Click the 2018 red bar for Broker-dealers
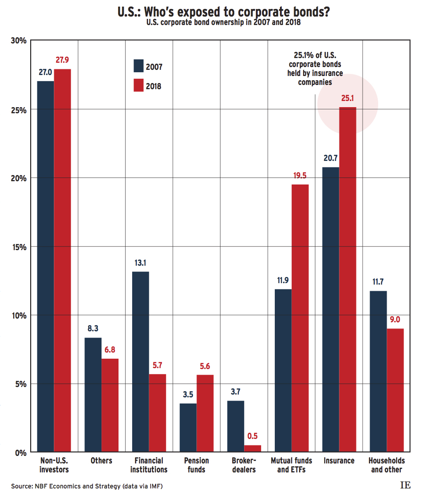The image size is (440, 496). [253, 449]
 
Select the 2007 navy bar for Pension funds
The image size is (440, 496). [188, 428]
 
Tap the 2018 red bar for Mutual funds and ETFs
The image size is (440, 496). [300, 318]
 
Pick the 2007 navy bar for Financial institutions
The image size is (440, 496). [140, 361]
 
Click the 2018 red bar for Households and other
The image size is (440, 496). [395, 390]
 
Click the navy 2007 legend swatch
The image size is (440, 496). [139, 66]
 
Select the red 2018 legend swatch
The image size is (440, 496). [139, 85]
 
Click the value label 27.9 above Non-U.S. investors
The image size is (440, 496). [62, 60]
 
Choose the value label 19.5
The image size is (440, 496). [300, 175]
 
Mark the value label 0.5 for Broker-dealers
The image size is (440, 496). [253, 436]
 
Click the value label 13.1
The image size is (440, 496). [140, 262]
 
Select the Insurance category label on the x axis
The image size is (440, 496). [339, 461]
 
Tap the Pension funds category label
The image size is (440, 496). [196, 465]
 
